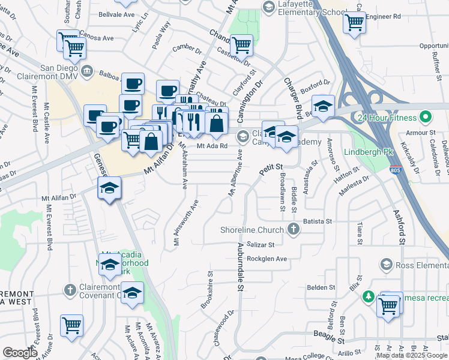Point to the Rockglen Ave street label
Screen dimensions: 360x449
point(267,259)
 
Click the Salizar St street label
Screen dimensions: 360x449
point(261,245)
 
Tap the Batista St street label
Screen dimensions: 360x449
point(318,221)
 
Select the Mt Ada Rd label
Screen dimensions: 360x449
point(213,145)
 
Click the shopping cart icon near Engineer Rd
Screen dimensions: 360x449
point(354,23)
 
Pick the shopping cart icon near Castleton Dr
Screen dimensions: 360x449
point(241,44)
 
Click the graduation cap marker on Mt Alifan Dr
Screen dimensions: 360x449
point(109,189)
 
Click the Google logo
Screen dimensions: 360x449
point(20,353)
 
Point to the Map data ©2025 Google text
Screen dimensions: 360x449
point(411,355)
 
